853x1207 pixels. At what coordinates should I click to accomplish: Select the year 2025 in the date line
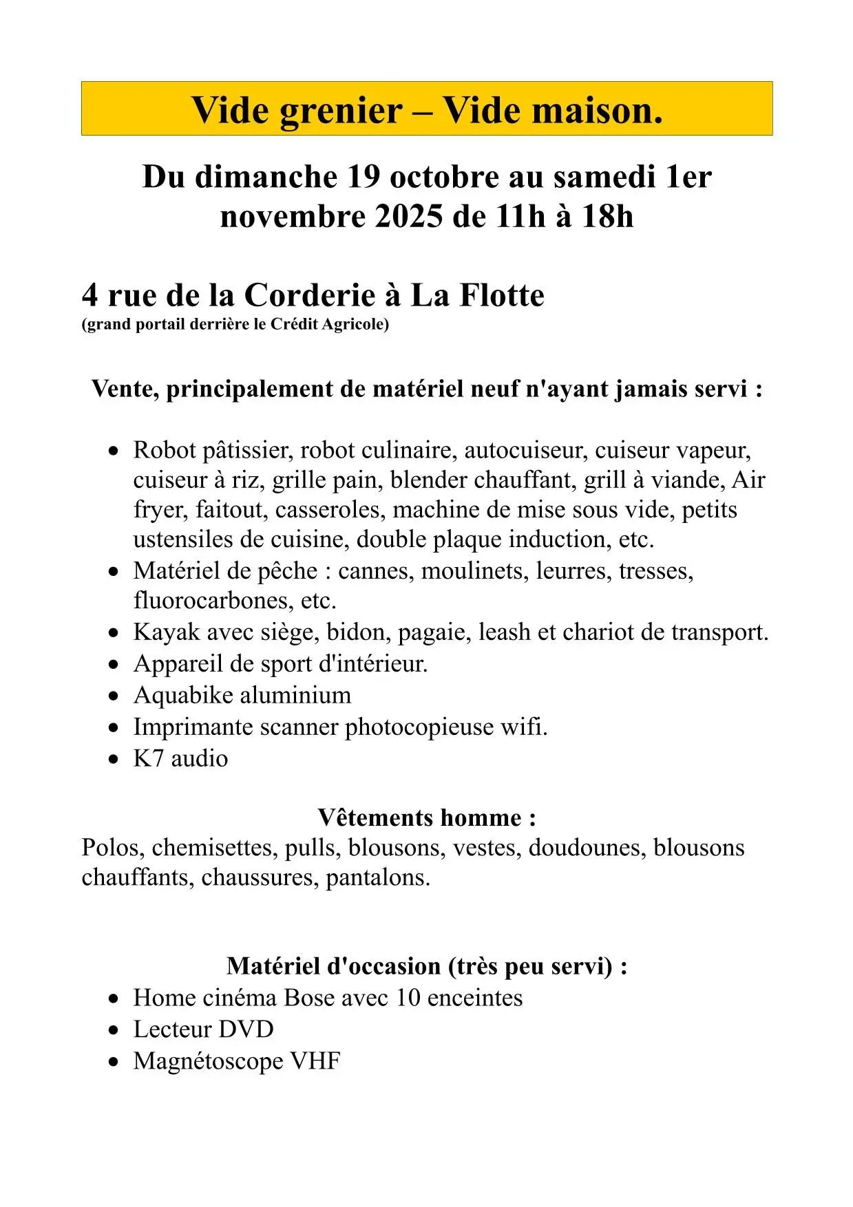click(409, 217)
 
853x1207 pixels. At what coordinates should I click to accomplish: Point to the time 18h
click(607, 217)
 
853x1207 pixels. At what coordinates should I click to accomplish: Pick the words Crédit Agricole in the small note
click(329, 324)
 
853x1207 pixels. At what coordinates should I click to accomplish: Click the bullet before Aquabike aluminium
click(114, 696)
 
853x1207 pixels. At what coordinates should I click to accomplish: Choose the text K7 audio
click(180, 758)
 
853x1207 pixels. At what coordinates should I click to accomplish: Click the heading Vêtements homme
click(426, 818)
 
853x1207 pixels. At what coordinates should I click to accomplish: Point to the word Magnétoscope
click(207, 1061)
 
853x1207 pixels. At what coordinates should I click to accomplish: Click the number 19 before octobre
click(364, 177)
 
